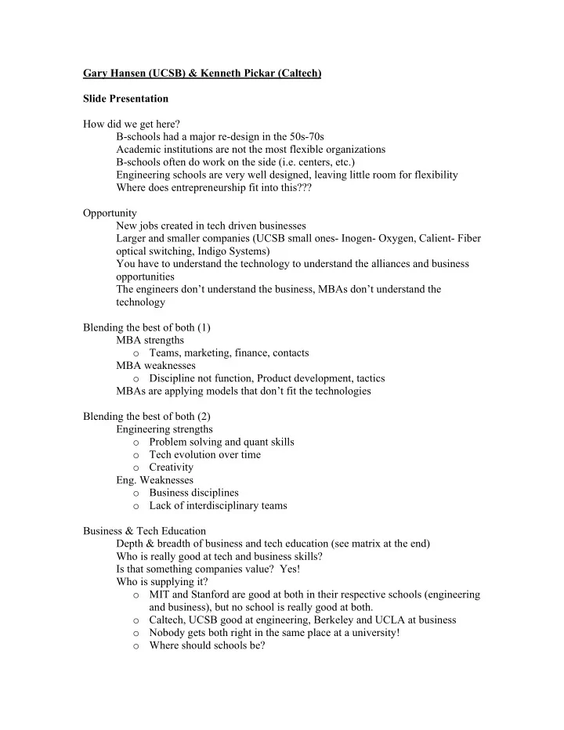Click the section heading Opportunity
tap(110, 212)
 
